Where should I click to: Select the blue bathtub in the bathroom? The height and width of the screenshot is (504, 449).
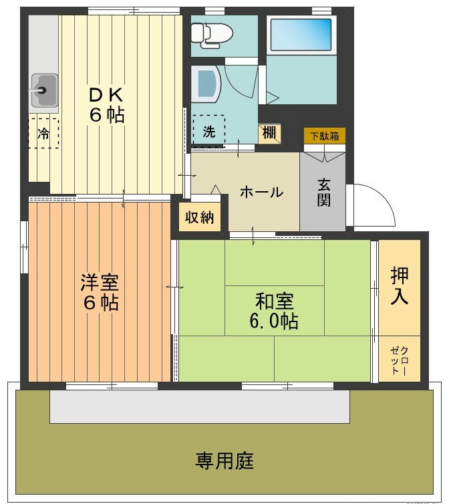point(300,35)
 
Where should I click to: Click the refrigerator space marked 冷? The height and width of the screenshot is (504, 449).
point(43,133)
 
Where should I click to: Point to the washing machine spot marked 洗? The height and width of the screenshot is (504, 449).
point(208,131)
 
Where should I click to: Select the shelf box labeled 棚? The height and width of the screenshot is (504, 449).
point(269,133)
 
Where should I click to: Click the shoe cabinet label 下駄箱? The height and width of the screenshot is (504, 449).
point(324,136)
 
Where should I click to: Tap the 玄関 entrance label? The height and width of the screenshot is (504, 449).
point(323,192)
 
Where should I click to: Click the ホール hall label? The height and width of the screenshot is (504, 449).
point(261,193)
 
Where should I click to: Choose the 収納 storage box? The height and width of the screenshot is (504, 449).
point(199,217)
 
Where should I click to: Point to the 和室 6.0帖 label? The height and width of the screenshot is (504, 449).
point(274,310)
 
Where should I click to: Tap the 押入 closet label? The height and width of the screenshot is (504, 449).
point(400,285)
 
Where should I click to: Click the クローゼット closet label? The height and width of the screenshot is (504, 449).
point(400,361)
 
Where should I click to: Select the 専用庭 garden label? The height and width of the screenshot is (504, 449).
point(224,461)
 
